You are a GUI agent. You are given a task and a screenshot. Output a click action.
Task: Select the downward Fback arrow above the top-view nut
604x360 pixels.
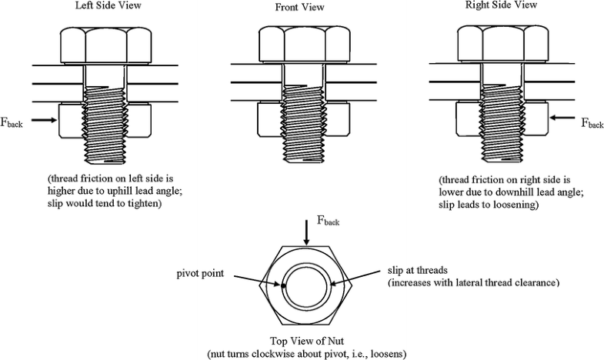pos(307,233)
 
